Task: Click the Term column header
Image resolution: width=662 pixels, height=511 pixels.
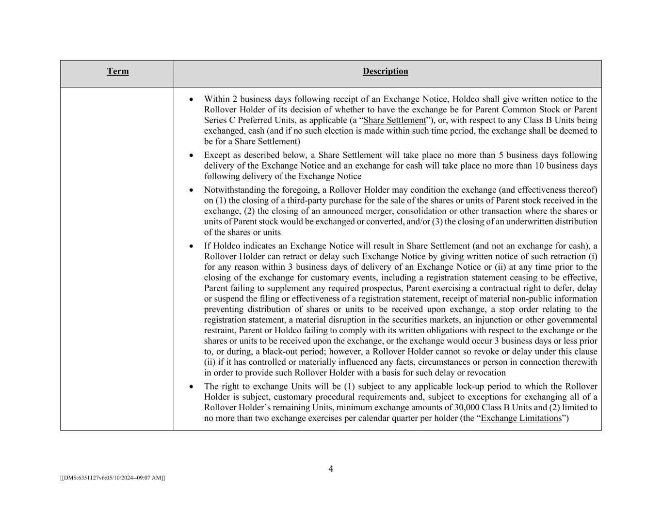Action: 118,71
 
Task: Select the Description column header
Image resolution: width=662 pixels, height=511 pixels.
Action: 385,71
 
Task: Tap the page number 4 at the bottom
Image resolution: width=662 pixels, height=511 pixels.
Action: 331,469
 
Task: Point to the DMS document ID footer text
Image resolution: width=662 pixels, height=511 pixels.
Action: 113,478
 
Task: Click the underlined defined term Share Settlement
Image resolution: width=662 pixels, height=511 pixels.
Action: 394,120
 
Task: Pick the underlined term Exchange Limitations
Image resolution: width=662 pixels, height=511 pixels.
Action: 521,418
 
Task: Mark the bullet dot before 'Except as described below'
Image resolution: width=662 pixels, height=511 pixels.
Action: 192,155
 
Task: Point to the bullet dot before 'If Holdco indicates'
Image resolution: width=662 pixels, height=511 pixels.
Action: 192,246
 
